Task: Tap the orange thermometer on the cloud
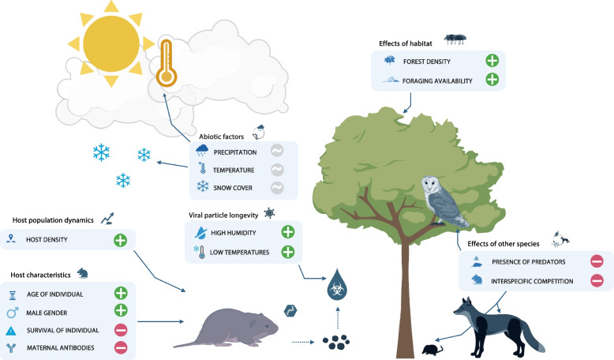tap(165, 65)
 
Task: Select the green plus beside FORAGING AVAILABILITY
tap(491, 80)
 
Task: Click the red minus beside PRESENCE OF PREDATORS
tap(597, 261)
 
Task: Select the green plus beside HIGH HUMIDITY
tap(288, 232)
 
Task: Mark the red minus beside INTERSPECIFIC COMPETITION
tap(597, 279)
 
